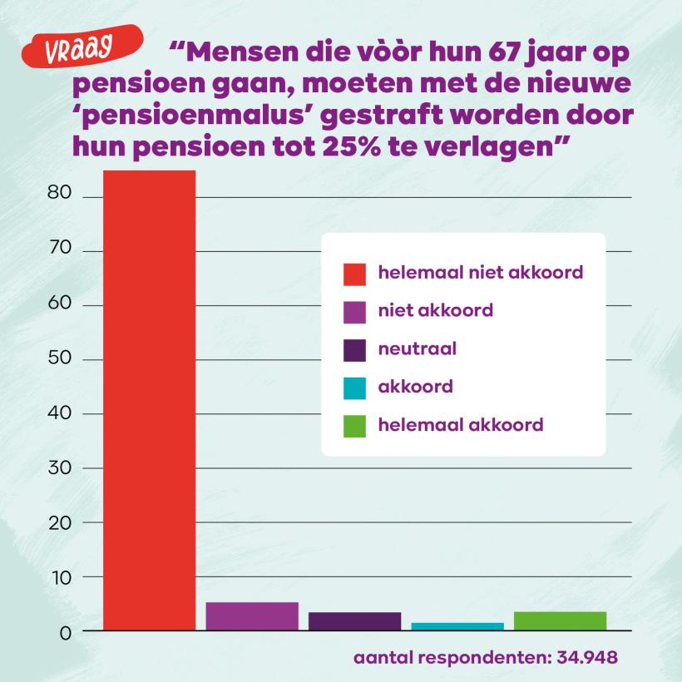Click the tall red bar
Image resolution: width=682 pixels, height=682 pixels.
click(x=149, y=399)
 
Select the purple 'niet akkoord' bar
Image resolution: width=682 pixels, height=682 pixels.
click(x=252, y=616)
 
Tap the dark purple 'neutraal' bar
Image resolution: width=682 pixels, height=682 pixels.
click(x=354, y=621)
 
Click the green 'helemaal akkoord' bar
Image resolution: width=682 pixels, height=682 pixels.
click(x=560, y=621)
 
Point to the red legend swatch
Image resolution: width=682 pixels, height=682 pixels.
click(x=355, y=274)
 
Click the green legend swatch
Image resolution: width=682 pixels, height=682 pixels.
click(x=355, y=426)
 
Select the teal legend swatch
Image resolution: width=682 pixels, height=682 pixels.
click(x=355, y=388)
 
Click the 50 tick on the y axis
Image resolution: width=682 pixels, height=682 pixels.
click(x=67, y=359)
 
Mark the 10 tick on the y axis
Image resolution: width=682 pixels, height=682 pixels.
click(x=67, y=577)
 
